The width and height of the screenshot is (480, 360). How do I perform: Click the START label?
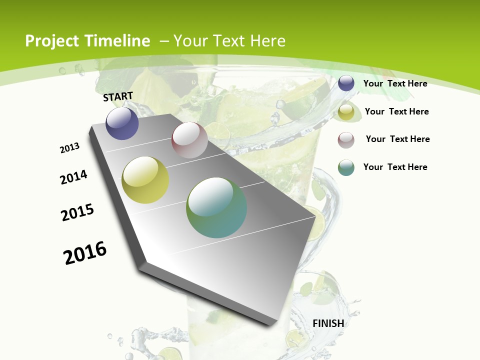pyautogui.click(x=118, y=96)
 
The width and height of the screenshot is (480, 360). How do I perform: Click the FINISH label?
pyautogui.click(x=328, y=323)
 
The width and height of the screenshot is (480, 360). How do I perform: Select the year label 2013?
pyautogui.click(x=70, y=148)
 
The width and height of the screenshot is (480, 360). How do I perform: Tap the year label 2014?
pyautogui.click(x=74, y=177)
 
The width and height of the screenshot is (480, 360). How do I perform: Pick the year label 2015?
pyautogui.click(x=77, y=212)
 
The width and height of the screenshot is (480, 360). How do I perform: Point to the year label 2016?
pyautogui.click(x=85, y=252)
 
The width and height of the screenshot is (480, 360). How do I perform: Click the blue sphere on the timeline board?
pyautogui.click(x=122, y=123)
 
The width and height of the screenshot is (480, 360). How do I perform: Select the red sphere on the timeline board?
pyautogui.click(x=189, y=140)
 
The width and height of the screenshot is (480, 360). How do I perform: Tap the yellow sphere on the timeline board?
pyautogui.click(x=145, y=180)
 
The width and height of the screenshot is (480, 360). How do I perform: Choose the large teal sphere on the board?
pyautogui.click(x=216, y=207)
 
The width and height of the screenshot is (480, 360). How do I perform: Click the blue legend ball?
pyautogui.click(x=346, y=83)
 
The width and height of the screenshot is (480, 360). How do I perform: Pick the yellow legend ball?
pyautogui.click(x=346, y=112)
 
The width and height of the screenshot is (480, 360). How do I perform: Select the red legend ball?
pyautogui.click(x=346, y=140)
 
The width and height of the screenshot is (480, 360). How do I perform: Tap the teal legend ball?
pyautogui.click(x=346, y=167)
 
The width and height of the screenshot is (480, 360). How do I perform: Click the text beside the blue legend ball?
pyautogui.click(x=395, y=83)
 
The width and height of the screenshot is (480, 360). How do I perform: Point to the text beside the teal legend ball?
pyautogui.click(x=395, y=167)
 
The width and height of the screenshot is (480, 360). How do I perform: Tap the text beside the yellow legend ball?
pyautogui.click(x=396, y=111)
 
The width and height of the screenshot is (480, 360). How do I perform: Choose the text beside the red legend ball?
pyautogui.click(x=397, y=139)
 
